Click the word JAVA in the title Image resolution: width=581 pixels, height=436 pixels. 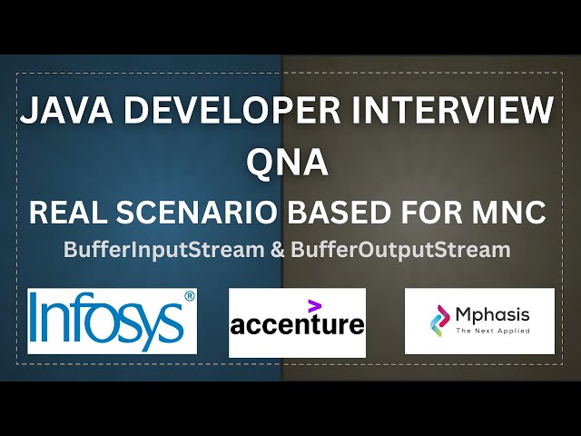point(63,112)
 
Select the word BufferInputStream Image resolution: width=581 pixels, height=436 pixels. point(163,249)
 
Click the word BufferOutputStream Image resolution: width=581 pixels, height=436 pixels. point(399,249)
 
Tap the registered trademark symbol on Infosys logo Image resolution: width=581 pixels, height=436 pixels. point(190,296)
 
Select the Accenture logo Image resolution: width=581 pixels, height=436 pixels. point(297,322)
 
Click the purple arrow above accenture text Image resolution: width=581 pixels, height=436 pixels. point(315,305)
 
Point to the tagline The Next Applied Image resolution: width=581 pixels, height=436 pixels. point(493,332)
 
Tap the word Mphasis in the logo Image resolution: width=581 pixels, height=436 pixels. point(493,316)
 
